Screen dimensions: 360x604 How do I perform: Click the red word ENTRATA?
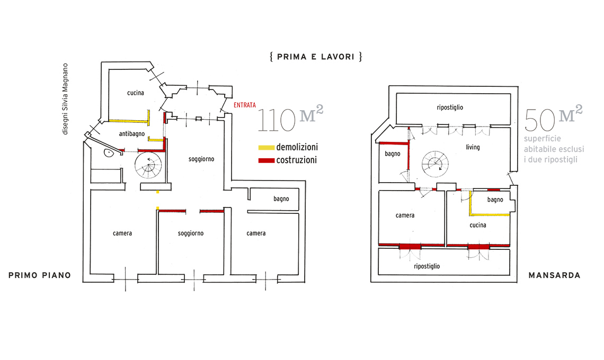pos(244,105)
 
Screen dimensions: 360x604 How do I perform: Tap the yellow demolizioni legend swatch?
pos(267,147)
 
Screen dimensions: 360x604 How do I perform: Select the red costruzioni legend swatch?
pos(267,160)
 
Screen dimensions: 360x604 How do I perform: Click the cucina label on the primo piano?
pos(136,93)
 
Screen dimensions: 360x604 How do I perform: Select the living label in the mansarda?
pos(473,147)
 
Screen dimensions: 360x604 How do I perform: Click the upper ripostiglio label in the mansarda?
pos(450,107)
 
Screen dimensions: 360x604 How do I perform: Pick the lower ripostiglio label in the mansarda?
pos(427,266)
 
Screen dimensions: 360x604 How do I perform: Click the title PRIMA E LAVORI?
pos(316,57)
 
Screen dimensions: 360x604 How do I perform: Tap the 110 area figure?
pos(276,121)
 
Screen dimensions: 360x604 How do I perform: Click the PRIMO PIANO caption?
pos(39,275)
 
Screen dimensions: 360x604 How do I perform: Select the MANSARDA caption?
pos(554,275)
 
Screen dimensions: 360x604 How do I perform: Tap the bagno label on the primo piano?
pos(281,199)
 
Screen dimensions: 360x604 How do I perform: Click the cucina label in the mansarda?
pos(477,225)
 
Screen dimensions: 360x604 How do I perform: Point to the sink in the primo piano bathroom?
pos(108,154)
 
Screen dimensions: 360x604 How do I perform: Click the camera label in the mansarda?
pos(405,215)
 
